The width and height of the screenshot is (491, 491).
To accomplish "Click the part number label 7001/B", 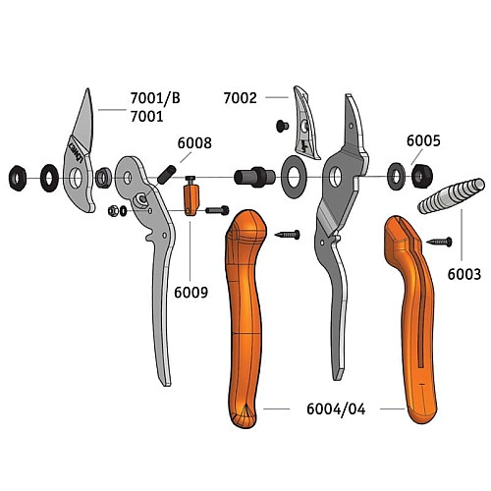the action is coord(155,98).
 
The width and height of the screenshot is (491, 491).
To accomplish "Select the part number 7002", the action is coord(241,98).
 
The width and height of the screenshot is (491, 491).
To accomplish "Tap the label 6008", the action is coord(194,143).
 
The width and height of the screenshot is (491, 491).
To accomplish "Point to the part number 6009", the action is coord(191,293).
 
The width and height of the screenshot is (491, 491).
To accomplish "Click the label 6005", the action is coord(423,140).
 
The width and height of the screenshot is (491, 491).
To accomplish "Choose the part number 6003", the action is coord(464,274).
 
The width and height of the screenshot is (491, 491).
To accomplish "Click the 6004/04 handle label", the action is coord(336,409).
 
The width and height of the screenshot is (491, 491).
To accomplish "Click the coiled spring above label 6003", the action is coord(451,196).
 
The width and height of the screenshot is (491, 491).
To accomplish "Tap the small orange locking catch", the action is coord(191,199).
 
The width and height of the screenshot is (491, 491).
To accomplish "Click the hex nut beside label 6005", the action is coord(422,176).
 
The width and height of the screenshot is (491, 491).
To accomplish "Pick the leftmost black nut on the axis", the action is coord(18,178).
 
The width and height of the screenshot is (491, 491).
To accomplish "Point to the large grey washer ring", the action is coord(294,177).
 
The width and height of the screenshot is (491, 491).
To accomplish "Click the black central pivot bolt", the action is coord(254,177).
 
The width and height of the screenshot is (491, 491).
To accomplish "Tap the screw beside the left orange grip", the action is coord(288,235).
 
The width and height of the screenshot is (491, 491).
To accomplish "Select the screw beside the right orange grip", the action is coord(439,242).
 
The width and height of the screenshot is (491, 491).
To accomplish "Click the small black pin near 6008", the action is coord(167,175).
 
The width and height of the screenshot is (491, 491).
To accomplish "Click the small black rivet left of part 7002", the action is coord(282,126).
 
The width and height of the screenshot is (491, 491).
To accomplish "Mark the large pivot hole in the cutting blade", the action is coord(76,178).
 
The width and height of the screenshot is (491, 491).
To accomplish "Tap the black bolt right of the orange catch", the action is coord(217,210).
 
